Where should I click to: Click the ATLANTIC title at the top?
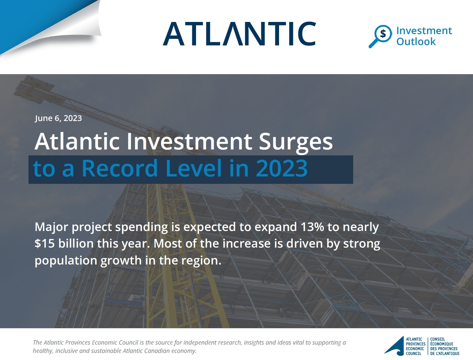coord(239,34)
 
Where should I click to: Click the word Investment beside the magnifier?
coord(424,31)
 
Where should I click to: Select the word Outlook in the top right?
coord(416,41)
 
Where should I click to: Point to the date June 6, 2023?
coord(58,118)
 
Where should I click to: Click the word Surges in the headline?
coord(296,142)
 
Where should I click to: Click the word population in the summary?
coord(66,261)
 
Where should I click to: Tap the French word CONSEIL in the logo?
coord(438,339)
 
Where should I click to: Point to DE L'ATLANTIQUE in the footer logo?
coord(445,353)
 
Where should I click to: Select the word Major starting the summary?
coord(52,227)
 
